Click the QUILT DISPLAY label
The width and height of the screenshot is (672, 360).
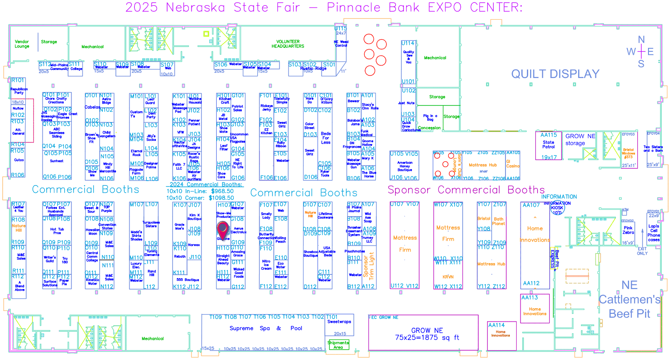click(555, 74)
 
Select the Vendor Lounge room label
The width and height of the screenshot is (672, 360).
click(22, 44)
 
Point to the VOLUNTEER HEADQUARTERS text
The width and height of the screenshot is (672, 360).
click(288, 44)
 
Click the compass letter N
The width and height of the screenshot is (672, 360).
click(641, 40)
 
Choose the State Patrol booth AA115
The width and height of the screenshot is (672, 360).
click(549, 146)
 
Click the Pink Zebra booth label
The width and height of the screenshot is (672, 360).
click(628, 230)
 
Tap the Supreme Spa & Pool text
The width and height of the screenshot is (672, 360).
click(266, 328)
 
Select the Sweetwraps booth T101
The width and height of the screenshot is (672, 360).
click(339, 324)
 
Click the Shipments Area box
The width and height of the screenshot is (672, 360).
click(338, 345)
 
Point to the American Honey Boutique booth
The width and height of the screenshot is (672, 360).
click(404, 166)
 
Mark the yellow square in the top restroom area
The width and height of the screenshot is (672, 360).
click(206, 34)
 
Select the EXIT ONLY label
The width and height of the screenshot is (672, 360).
click(642, 251)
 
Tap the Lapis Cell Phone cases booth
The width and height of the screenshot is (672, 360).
click(654, 232)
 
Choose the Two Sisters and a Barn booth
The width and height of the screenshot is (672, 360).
click(653, 149)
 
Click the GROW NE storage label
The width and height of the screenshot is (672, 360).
click(580, 140)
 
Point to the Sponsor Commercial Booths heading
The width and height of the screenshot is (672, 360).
click(466, 190)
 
